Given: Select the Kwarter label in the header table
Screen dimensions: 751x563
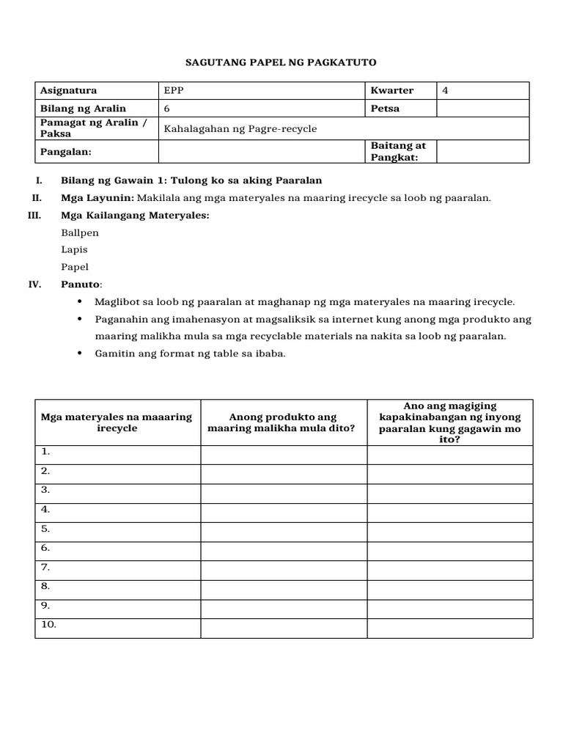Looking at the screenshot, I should (392, 91).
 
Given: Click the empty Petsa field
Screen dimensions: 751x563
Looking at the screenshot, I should (482, 109).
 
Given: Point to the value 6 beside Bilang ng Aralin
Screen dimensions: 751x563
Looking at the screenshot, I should (167, 109).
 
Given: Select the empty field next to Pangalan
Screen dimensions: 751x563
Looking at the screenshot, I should (262, 151).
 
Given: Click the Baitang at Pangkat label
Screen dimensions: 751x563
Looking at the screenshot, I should (398, 151).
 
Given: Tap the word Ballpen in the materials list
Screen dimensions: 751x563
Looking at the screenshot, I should (80, 232).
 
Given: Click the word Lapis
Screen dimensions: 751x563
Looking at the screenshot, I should (75, 250).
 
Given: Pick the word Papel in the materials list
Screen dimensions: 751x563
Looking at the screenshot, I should (75, 268).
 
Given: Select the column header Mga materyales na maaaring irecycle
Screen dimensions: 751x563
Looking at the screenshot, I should (117, 422).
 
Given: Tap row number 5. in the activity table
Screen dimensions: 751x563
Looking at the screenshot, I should (45, 529).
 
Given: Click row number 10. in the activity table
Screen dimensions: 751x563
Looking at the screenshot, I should (48, 626).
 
